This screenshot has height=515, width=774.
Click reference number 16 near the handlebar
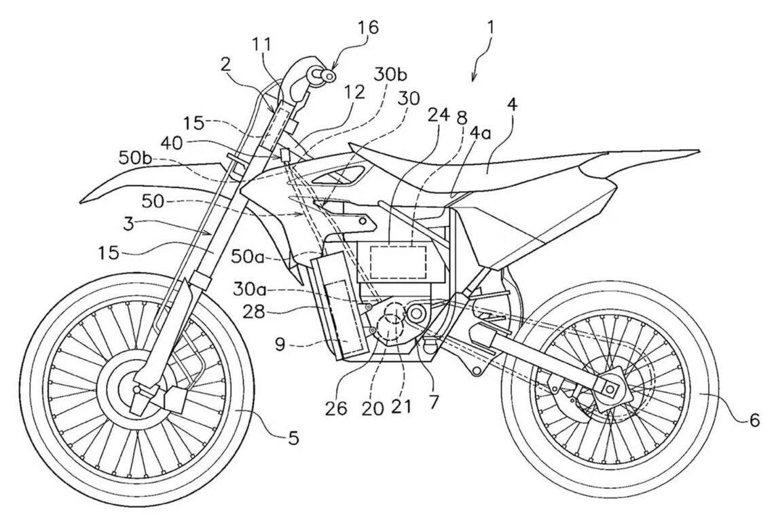(x=367, y=28)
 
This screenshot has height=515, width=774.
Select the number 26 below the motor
(x=337, y=408)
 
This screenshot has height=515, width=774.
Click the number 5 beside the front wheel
(x=293, y=438)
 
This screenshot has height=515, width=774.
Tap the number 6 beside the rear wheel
(x=755, y=420)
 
